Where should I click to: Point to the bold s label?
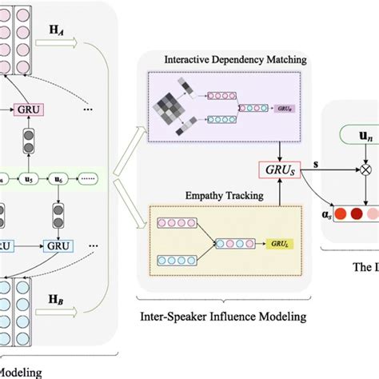pos(314,164)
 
